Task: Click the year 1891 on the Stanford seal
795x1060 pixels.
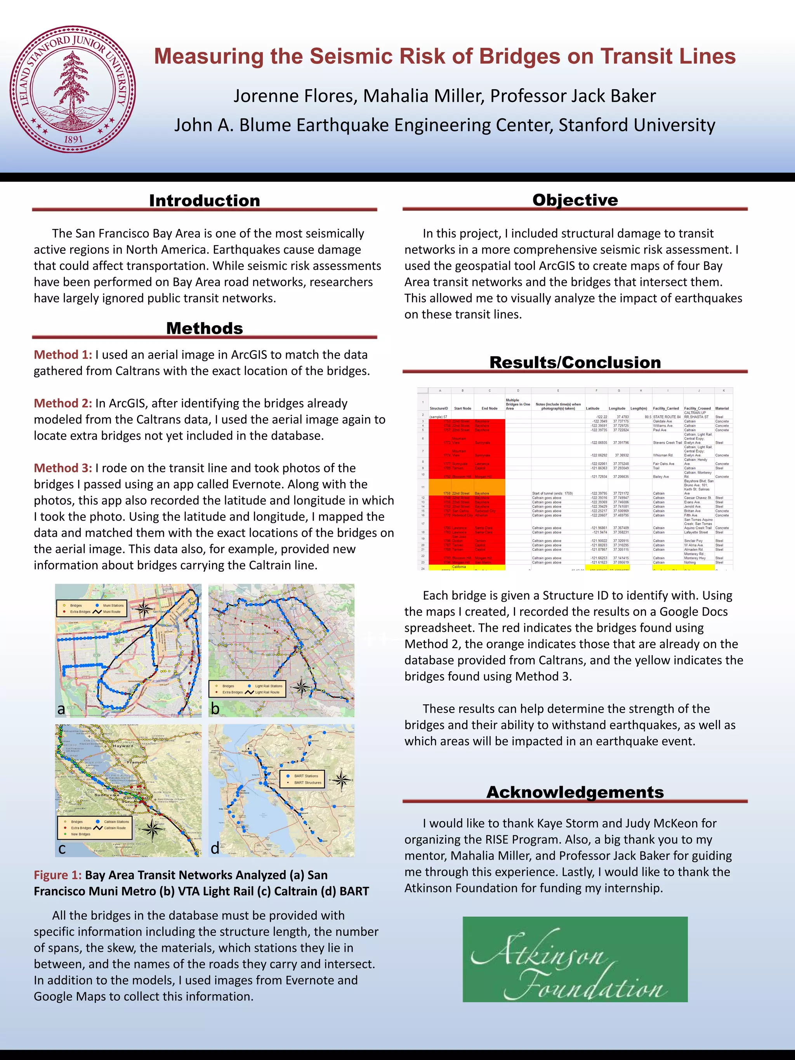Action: pyautogui.click(x=73, y=139)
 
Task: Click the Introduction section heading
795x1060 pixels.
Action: pyautogui.click(x=205, y=200)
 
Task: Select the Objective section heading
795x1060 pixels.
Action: pyautogui.click(x=575, y=200)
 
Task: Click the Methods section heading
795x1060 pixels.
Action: pyautogui.click(x=205, y=328)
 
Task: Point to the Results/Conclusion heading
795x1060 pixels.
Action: pyautogui.click(x=575, y=362)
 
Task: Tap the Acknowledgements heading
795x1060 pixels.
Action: pyautogui.click(x=575, y=792)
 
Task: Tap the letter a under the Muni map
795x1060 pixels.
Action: pyautogui.click(x=61, y=709)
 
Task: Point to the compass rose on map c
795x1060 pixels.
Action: pyautogui.click(x=153, y=829)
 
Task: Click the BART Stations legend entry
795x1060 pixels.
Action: pyautogui.click(x=306, y=776)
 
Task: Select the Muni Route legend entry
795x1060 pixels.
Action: pyautogui.click(x=112, y=612)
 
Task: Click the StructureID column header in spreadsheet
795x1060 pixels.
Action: pyautogui.click(x=439, y=408)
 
